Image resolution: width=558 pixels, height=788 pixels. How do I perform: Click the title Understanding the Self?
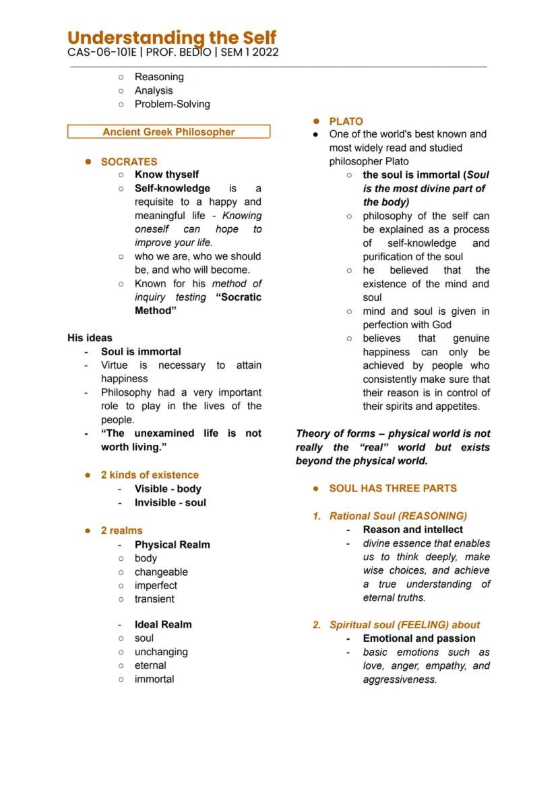click(172, 38)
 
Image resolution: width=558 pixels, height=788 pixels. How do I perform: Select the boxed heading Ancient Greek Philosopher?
click(168, 132)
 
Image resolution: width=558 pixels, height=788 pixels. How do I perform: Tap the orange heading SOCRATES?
click(129, 162)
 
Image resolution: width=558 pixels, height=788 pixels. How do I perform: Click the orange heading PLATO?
click(346, 121)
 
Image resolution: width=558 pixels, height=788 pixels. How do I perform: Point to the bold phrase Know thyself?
click(166, 175)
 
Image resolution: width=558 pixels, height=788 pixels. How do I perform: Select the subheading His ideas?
click(90, 338)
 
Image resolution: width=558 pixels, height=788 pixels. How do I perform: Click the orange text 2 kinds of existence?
click(150, 475)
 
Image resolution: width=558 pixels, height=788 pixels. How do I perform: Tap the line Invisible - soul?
click(170, 502)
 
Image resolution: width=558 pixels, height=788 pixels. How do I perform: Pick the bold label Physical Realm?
click(172, 545)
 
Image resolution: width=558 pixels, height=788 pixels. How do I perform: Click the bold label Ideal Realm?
click(163, 625)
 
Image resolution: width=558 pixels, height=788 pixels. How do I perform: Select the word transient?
click(154, 599)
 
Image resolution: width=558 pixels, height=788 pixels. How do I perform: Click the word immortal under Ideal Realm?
click(154, 679)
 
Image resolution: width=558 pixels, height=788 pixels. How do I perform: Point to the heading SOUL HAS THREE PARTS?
click(393, 488)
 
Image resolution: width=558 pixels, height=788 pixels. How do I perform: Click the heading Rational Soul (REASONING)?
click(398, 516)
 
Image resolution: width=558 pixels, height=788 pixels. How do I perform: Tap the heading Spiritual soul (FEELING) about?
click(404, 625)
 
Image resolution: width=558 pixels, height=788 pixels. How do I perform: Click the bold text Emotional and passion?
click(418, 638)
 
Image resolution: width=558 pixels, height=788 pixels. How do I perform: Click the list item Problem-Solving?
click(172, 104)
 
